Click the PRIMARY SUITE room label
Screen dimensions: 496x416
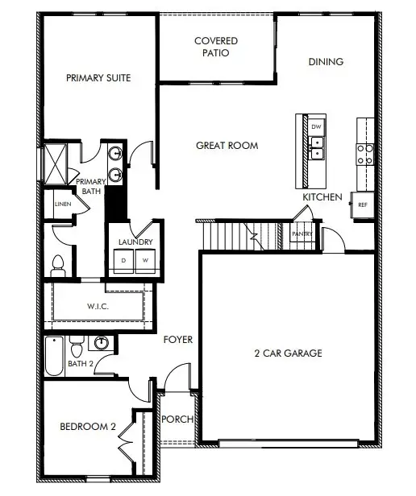pyautogui.click(x=98, y=78)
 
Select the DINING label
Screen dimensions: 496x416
pyautogui.click(x=326, y=62)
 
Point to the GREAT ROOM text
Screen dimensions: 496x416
pyautogui.click(x=227, y=146)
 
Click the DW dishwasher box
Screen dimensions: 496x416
pyautogui.click(x=317, y=126)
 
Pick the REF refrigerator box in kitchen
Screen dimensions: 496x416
pyautogui.click(x=363, y=205)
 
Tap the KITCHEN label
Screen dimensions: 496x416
pyautogui.click(x=322, y=197)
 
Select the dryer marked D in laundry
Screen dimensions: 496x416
pyautogui.click(x=124, y=261)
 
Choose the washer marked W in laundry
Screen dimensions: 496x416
pyautogui.click(x=145, y=261)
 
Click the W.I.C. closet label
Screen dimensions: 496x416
pyautogui.click(x=98, y=306)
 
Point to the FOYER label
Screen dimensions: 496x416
pyautogui.click(x=177, y=340)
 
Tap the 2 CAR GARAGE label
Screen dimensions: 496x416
pyautogui.click(x=289, y=353)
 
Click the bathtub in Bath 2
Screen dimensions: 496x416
pyautogui.click(x=54, y=358)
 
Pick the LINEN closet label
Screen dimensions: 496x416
pyautogui.click(x=63, y=204)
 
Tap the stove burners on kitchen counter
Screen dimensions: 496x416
pyautogui.click(x=364, y=153)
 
